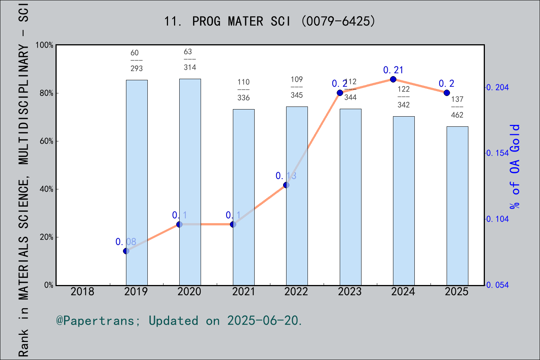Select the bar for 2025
457,206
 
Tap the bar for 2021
244,197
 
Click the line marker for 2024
393,79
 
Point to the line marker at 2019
126,251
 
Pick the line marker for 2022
286,185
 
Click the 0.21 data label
393,70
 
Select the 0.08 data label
126,242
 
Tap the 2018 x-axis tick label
82,291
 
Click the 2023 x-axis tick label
349,291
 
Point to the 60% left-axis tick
46,141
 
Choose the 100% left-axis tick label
44,45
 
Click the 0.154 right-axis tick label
498,153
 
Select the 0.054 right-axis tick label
498,285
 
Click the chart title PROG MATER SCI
270,21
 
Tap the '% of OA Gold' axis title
515,166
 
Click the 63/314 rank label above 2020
190,59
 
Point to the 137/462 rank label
457,107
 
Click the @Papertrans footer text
179,321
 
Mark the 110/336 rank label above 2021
244,90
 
